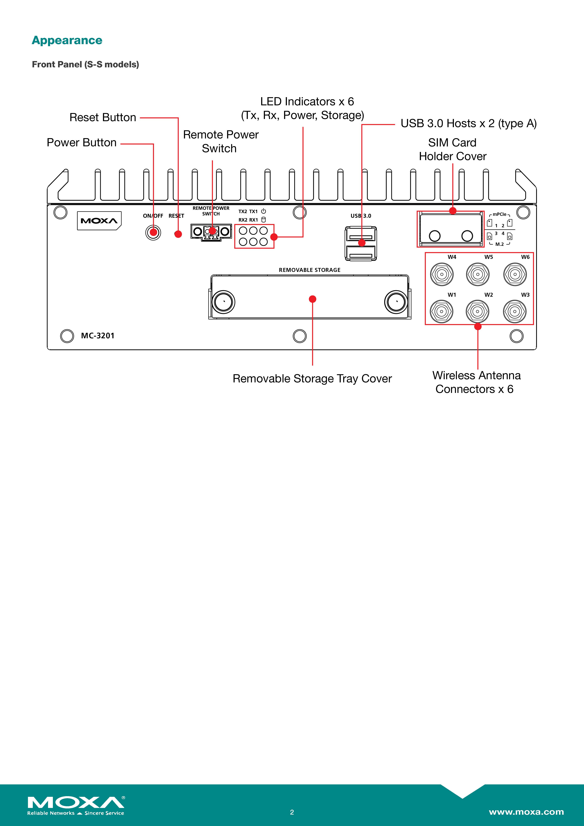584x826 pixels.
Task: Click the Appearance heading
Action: click(67, 40)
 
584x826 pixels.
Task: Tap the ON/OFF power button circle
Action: click(153, 232)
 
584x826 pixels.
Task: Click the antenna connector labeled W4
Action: click(442, 274)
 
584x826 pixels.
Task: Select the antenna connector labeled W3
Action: click(515, 312)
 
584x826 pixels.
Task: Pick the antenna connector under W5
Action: click(478, 274)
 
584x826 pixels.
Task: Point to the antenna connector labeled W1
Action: click(442, 312)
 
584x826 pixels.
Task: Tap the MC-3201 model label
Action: click(97, 336)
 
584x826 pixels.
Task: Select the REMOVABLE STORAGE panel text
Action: click(310, 270)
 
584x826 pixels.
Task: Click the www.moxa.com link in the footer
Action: click(526, 812)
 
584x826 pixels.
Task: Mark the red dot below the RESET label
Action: click(178, 234)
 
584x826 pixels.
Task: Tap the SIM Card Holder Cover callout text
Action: click(452, 149)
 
